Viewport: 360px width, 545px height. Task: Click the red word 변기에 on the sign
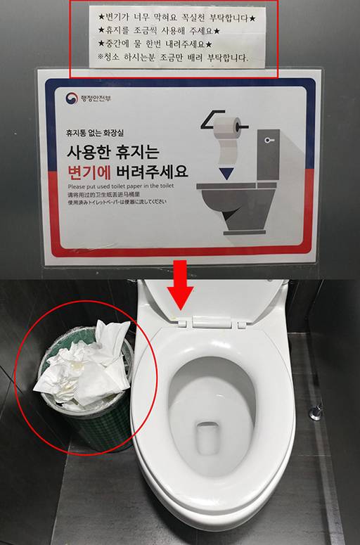coord(91,170)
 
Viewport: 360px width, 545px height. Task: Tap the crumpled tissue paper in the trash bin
coord(84,366)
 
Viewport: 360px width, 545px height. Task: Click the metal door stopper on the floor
coord(316,411)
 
